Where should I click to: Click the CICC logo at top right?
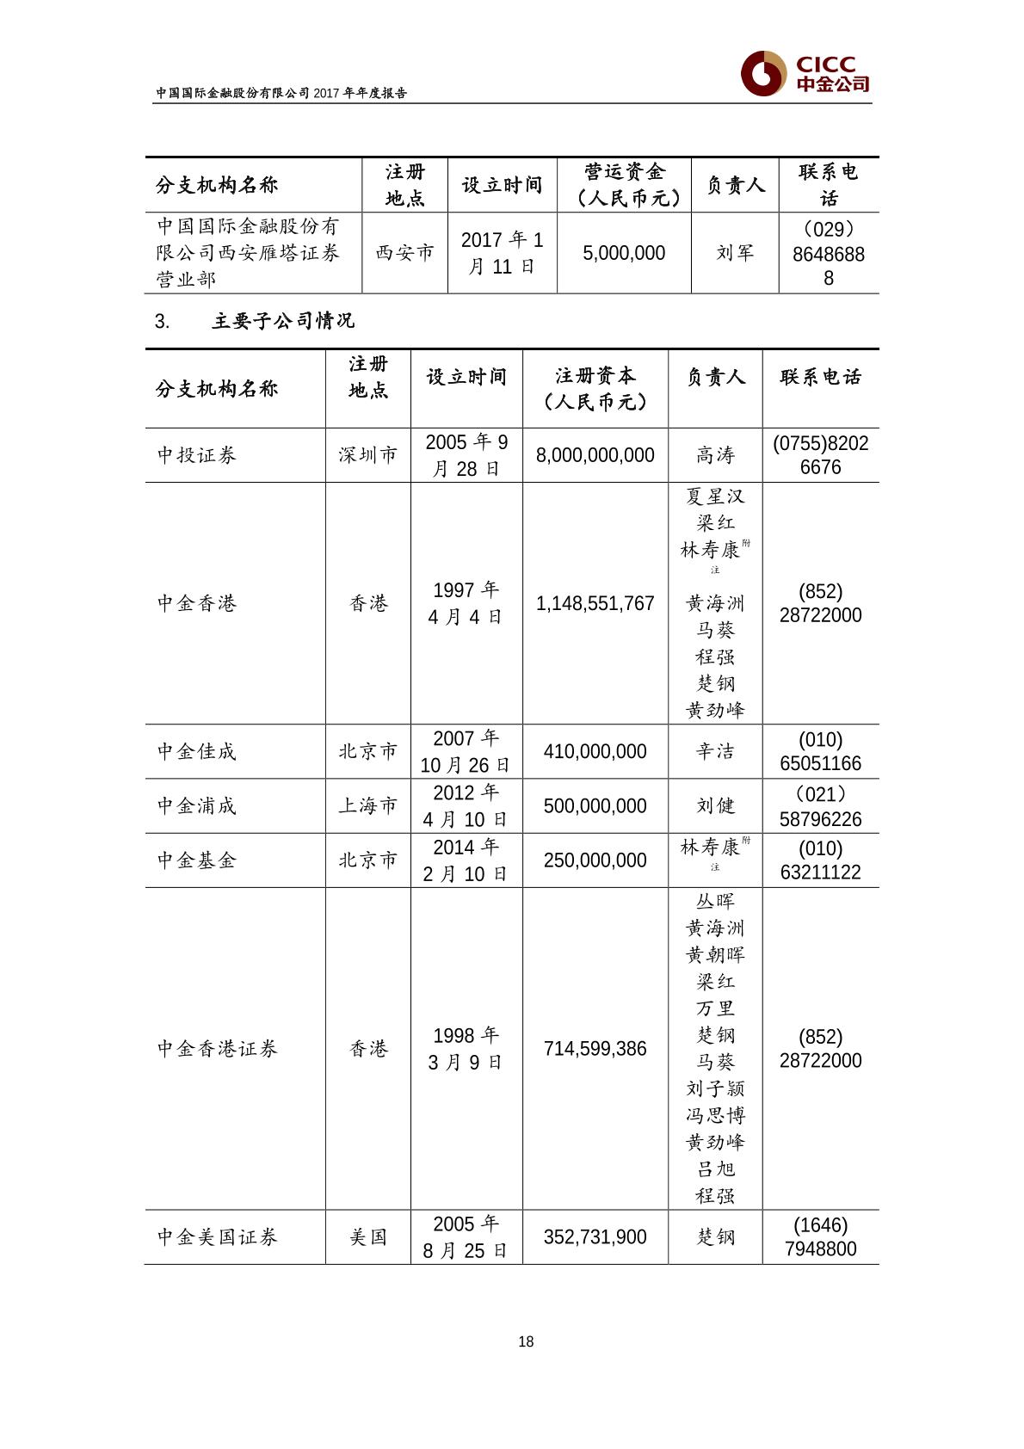click(x=805, y=74)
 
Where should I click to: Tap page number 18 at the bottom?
click(x=527, y=1341)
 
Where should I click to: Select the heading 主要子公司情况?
click(x=283, y=322)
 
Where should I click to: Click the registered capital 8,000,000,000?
click(x=595, y=455)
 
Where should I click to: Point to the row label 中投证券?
click(x=197, y=455)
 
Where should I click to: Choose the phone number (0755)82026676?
click(x=820, y=455)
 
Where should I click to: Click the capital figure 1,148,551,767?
click(x=595, y=603)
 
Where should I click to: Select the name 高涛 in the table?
click(x=715, y=455)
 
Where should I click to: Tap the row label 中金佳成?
click(x=197, y=751)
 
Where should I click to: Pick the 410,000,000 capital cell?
click(x=595, y=751)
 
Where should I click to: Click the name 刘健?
click(x=715, y=806)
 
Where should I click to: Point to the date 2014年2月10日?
click(x=466, y=860)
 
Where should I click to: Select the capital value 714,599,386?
click(x=595, y=1049)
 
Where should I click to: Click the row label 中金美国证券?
click(x=218, y=1237)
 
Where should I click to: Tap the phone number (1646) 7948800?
click(x=820, y=1237)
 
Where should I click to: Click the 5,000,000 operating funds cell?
click(x=624, y=253)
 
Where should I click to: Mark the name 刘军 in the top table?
click(x=735, y=253)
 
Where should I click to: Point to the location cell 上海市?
click(x=368, y=806)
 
